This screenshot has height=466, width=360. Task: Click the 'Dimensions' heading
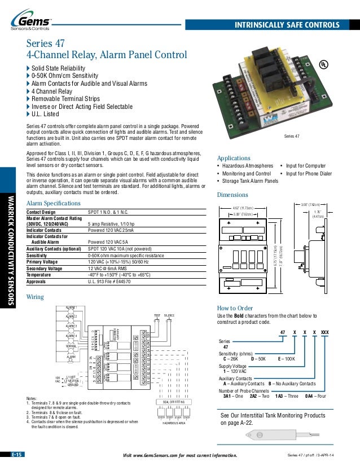point(232,195)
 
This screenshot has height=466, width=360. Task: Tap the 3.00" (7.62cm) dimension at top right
point(310,205)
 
